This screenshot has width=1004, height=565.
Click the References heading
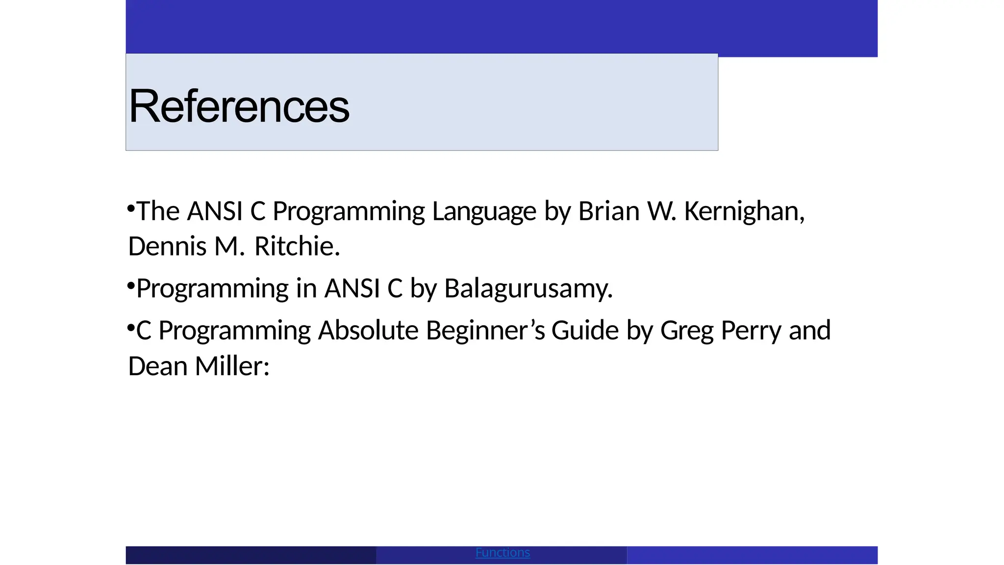[x=239, y=106]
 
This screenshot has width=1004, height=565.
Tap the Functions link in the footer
[x=502, y=553]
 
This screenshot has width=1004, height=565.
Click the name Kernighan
[x=744, y=212]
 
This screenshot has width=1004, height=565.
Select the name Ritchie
[x=297, y=247]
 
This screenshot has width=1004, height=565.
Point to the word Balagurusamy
[x=528, y=289]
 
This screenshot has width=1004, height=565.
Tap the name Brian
[x=608, y=212]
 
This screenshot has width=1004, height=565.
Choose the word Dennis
[x=167, y=247]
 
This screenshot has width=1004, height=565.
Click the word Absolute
[x=368, y=331]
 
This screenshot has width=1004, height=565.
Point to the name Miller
[x=232, y=366]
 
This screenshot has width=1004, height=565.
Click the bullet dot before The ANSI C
[x=131, y=208]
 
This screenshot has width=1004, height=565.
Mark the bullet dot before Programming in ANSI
[x=131, y=285]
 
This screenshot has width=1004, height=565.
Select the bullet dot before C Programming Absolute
[x=131, y=327]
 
